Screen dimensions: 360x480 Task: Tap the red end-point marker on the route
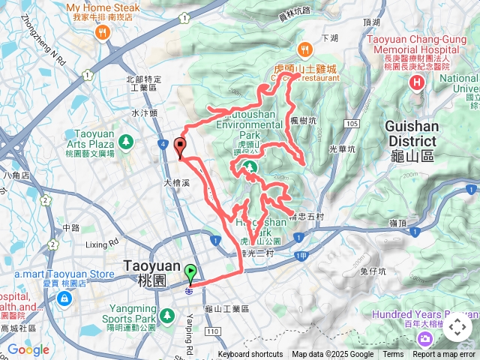point(180,147)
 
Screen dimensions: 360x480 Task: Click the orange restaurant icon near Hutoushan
point(304,51)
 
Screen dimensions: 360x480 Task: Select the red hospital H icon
point(418,81)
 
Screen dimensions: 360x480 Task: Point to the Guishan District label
point(412,133)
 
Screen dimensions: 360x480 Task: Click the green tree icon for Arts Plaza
point(124,140)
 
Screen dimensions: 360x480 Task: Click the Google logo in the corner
point(28,349)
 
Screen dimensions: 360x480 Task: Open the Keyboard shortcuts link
point(250,355)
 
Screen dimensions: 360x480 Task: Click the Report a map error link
point(444,355)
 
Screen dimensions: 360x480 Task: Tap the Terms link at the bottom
point(393,355)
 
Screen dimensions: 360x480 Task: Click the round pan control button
point(457,327)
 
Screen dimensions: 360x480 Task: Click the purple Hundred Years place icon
point(425,338)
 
